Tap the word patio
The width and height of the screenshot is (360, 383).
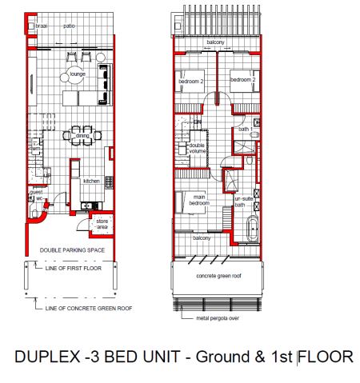(70, 26)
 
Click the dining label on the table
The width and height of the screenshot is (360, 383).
(82, 136)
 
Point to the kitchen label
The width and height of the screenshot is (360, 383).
(90, 182)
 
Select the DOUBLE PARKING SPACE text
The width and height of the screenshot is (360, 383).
(73, 250)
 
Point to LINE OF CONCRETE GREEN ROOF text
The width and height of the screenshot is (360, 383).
(89, 308)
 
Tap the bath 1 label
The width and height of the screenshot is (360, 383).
(244, 129)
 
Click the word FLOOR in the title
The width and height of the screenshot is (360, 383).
(326, 356)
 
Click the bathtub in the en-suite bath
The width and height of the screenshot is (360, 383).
(254, 228)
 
